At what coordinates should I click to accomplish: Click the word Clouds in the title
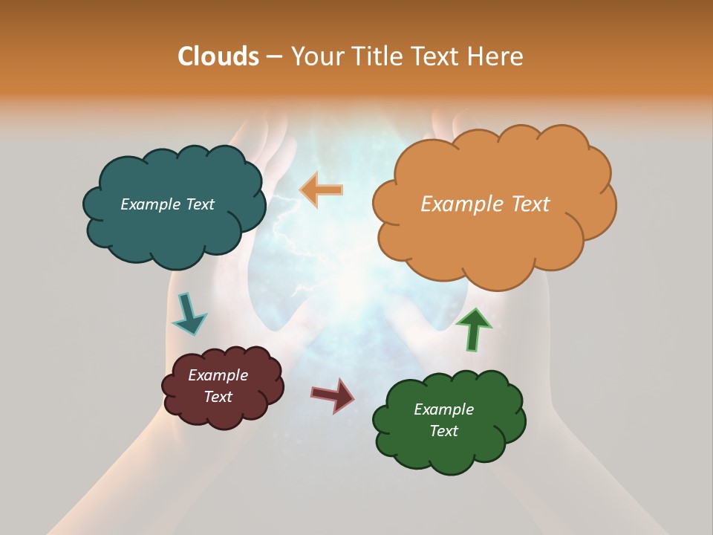tap(218, 56)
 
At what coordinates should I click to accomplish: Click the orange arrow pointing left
tap(322, 189)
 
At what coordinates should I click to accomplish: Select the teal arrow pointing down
tap(189, 313)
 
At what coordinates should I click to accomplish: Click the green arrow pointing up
tap(473, 329)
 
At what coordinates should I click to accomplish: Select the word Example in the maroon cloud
tap(218, 375)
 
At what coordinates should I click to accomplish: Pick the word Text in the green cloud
tap(443, 431)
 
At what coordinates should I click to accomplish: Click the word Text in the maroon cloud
tap(218, 397)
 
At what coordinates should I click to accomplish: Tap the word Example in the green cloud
tap(443, 409)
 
